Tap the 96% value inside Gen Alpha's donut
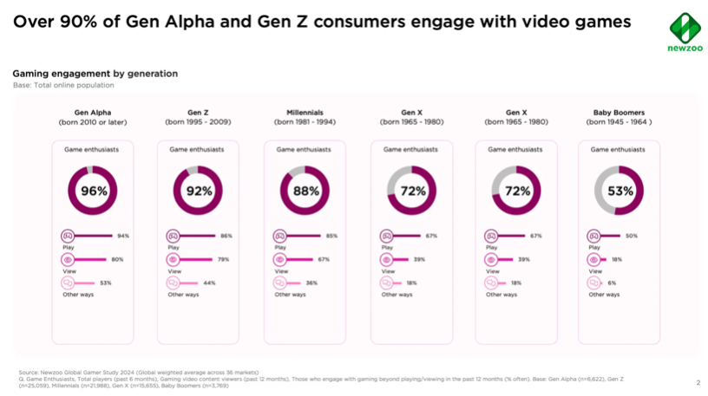point(95,192)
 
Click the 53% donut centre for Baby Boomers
point(618,192)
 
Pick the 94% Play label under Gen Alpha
point(123,236)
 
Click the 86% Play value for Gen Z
point(226,236)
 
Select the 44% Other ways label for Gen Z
point(209,283)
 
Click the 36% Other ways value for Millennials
point(311,283)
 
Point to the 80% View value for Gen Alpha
point(118,259)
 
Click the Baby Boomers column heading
point(618,113)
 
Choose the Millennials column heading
point(305,113)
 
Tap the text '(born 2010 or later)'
point(94,122)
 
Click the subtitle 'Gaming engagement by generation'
point(95,74)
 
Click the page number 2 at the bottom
point(697,382)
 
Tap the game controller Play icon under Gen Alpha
point(67,236)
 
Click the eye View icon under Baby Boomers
point(596,259)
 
